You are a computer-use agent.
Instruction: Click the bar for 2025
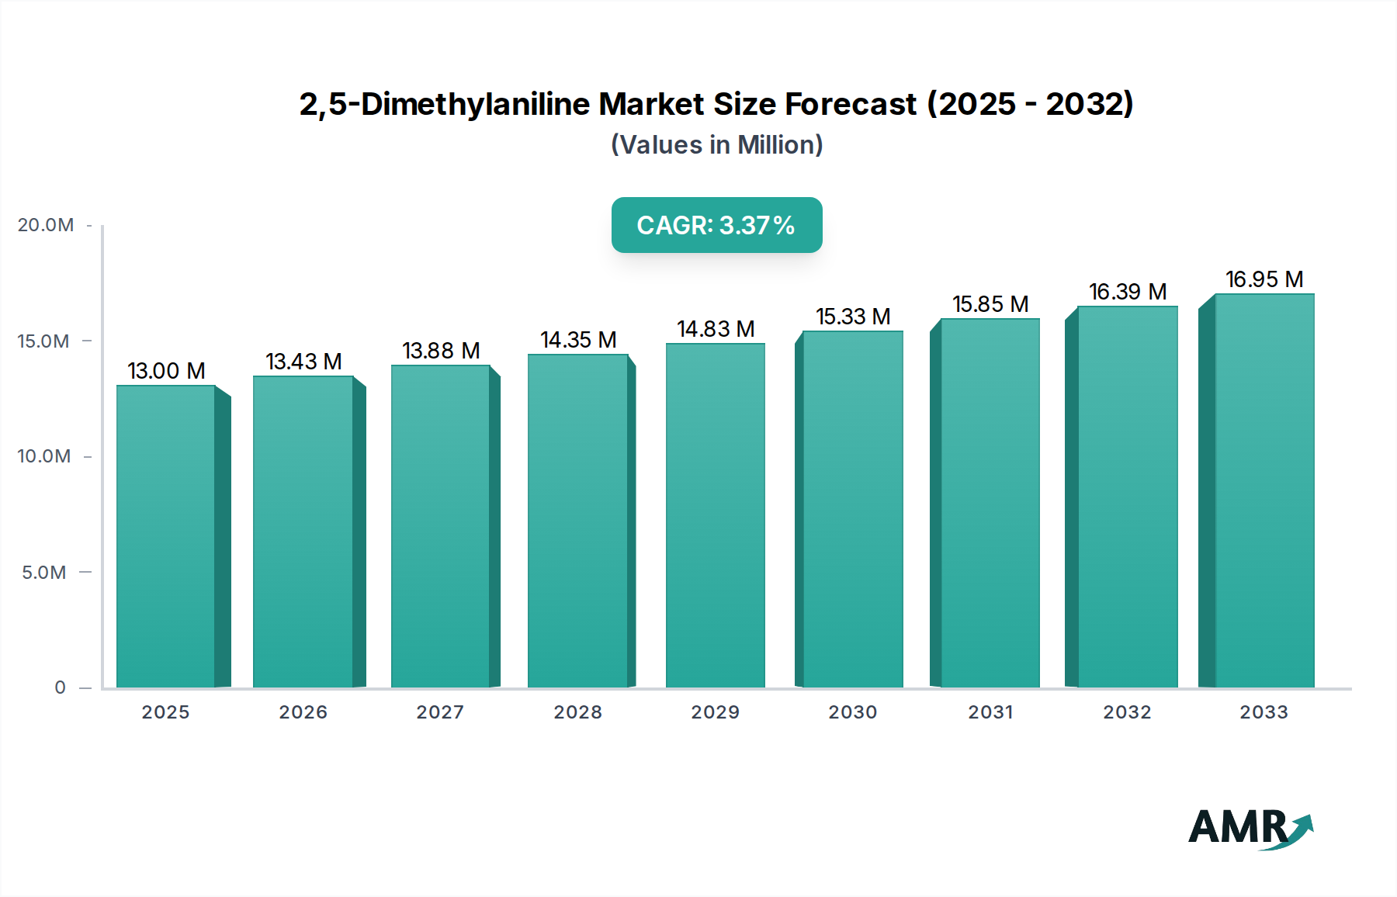click(166, 535)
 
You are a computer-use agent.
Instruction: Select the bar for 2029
click(716, 515)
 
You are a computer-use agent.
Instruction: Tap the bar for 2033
click(1264, 490)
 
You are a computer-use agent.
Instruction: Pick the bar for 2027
click(440, 526)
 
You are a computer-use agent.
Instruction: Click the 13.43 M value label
click(303, 362)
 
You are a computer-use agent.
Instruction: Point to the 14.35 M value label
click(578, 340)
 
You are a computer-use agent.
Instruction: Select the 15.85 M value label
click(990, 304)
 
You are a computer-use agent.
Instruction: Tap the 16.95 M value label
click(1264, 279)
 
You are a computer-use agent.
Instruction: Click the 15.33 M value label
click(853, 317)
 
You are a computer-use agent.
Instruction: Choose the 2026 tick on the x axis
click(303, 712)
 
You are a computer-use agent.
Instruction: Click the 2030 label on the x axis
click(853, 712)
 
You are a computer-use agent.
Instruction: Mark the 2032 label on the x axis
click(1128, 712)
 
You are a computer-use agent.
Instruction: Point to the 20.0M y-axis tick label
click(46, 225)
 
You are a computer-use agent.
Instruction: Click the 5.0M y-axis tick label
click(44, 573)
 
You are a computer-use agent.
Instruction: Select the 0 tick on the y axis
click(61, 687)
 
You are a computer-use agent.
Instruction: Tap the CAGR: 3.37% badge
click(716, 225)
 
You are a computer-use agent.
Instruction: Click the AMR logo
click(1250, 828)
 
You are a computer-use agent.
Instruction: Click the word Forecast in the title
click(851, 104)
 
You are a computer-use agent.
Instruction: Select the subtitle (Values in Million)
click(716, 145)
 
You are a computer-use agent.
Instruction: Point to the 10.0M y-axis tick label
click(44, 456)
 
